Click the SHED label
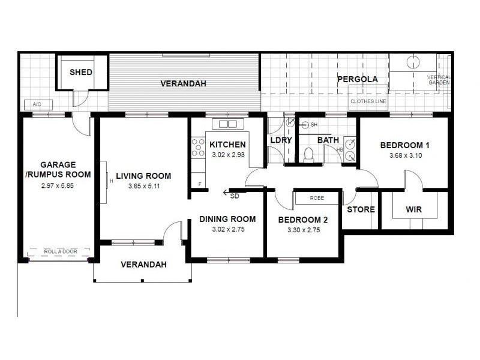tap(81, 72)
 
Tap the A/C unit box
tap(38, 104)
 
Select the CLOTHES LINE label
tap(368, 101)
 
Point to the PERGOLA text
tap(358, 79)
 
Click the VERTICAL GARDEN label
tap(439, 80)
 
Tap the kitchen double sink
tap(228, 124)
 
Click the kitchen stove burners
tap(198, 148)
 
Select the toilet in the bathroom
tap(308, 155)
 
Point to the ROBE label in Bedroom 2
tap(317, 198)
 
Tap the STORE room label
tap(361, 209)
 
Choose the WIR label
tap(414, 209)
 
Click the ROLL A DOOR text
tap(61, 251)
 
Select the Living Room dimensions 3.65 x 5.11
tap(144, 186)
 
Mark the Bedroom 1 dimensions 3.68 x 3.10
tap(406, 155)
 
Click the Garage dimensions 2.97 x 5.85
tap(58, 185)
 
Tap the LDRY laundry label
tap(281, 140)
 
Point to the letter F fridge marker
tap(200, 184)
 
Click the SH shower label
tap(314, 125)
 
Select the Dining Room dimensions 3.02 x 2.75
tap(229, 229)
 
